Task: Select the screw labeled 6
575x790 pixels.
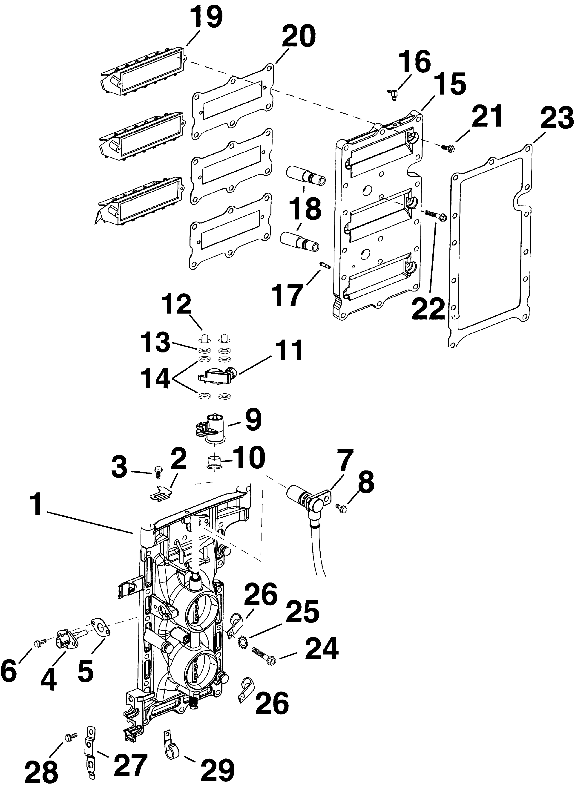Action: (x=40, y=641)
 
